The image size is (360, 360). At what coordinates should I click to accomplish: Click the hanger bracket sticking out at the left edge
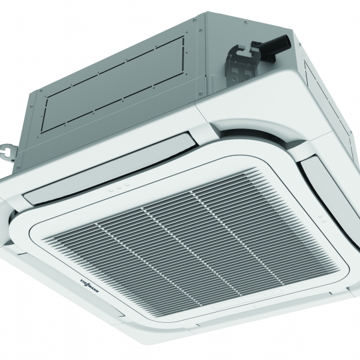tap(9, 151)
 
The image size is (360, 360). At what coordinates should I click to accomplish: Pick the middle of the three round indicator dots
tap(119, 188)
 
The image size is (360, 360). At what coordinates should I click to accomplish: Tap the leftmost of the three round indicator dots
tap(111, 190)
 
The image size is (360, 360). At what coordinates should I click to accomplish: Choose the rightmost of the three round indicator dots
tap(127, 185)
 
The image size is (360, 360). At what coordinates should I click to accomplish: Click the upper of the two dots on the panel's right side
tap(319, 217)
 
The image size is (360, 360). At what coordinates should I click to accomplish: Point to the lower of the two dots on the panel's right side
tap(323, 221)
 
